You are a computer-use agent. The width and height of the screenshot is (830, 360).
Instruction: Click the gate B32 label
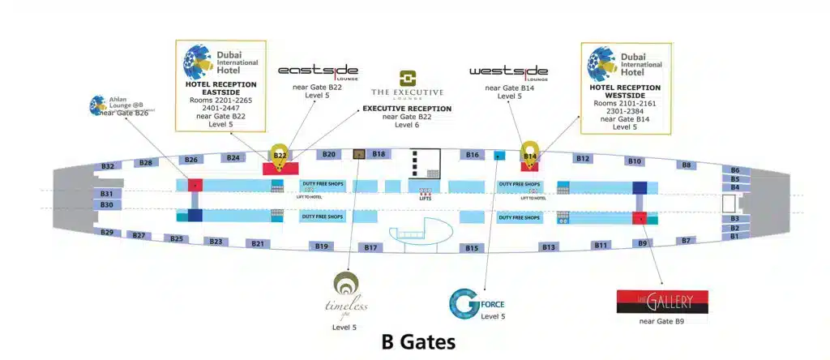pos(108,166)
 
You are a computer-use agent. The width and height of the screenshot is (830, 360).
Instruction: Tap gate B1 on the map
pos(734,237)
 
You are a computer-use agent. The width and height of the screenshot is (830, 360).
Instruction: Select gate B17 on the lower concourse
pos(370,247)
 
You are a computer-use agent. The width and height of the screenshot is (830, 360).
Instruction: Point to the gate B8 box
pos(687,165)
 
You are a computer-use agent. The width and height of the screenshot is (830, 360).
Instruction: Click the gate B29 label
pos(107,233)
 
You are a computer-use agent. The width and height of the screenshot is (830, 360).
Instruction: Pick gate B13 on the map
pos(549,246)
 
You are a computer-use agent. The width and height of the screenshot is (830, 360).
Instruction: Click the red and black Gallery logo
pos(662,302)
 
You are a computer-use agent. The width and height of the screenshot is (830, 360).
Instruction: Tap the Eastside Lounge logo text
pos(318,71)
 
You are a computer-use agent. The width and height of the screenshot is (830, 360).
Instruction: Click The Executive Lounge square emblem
pos(407,79)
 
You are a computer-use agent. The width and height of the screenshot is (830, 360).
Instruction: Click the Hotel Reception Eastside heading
pos(221,88)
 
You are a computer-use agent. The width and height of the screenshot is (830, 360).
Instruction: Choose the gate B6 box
pos(734,170)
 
